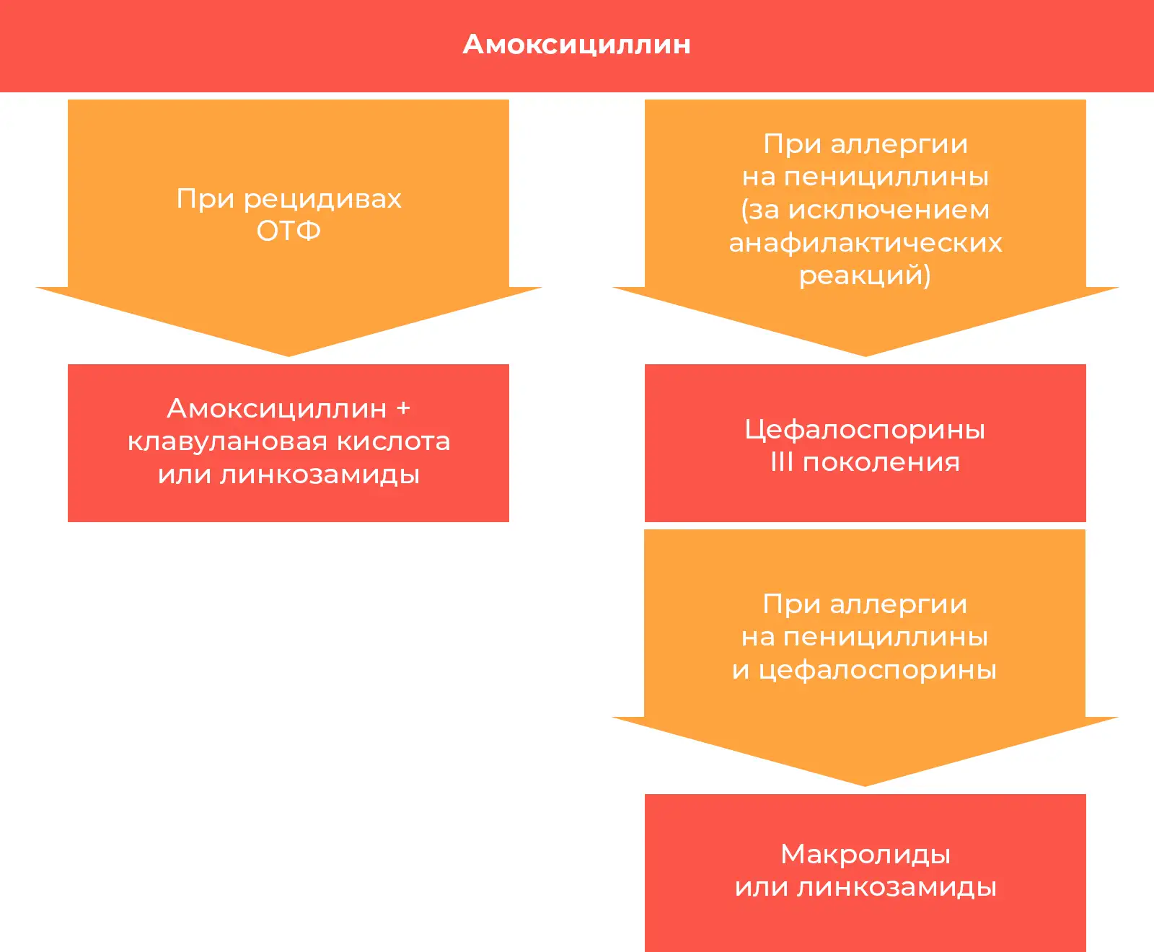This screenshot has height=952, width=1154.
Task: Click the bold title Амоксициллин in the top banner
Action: tap(577, 45)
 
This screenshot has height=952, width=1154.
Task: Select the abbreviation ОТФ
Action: tap(288, 231)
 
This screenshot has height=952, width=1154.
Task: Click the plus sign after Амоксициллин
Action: tap(403, 408)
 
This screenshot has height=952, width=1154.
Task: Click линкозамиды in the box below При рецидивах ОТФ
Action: tap(320, 475)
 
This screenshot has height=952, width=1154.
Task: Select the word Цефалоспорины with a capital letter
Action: tap(865, 431)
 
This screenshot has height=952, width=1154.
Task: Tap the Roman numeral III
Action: tap(783, 462)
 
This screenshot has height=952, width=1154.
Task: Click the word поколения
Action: tap(881, 462)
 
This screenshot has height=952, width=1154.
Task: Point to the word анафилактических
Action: tap(865, 243)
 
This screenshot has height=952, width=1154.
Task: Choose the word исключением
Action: tap(889, 210)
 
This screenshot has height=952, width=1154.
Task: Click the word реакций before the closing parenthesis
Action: tap(861, 276)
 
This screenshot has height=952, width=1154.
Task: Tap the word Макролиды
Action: tap(865, 855)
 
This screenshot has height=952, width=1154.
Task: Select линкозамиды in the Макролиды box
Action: tap(897, 887)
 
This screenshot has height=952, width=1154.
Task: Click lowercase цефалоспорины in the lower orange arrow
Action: tap(878, 671)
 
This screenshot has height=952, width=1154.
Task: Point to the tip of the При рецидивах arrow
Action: tap(288, 356)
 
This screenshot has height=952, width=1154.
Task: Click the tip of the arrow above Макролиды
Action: tap(865, 786)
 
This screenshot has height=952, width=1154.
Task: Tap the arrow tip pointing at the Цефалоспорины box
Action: tap(865, 356)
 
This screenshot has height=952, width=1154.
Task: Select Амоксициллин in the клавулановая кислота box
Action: tap(277, 409)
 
